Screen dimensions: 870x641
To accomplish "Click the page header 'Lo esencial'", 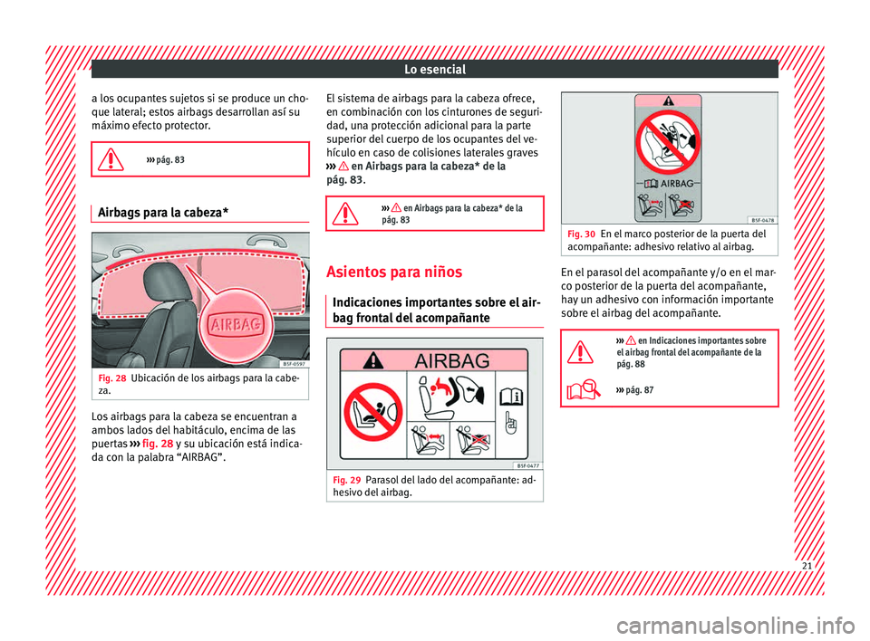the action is click(x=435, y=70).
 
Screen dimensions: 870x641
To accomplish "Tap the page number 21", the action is click(x=807, y=566).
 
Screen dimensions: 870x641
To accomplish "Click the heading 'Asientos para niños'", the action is click(x=394, y=272).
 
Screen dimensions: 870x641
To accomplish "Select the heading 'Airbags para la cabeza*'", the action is click(x=163, y=213).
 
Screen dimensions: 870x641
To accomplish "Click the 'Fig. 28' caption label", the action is click(x=112, y=378).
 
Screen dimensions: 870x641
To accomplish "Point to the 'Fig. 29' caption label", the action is click(x=347, y=480).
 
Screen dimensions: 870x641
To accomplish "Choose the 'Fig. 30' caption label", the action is click(x=581, y=234).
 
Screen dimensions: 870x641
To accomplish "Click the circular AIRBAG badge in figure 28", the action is click(x=236, y=324).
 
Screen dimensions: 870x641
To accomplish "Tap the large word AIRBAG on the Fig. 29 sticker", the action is click(x=452, y=361).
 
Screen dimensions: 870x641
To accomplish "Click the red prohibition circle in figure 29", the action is click(x=372, y=412).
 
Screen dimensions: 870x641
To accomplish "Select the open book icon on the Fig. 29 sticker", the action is click(x=511, y=397).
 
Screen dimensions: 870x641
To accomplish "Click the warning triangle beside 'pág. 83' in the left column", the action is click(x=111, y=159).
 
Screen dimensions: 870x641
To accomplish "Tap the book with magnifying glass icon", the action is click(x=583, y=390).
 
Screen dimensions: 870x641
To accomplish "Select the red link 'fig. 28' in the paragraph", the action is click(x=158, y=444).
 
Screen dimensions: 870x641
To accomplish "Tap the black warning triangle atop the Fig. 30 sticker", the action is click(x=669, y=100).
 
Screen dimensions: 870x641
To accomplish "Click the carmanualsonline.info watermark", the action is click(x=735, y=626).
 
